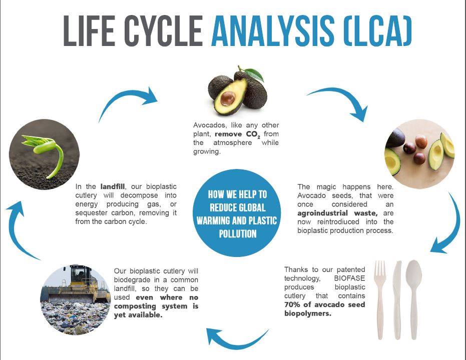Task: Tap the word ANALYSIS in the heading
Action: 273,30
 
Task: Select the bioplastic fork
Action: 380,300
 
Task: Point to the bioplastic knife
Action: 397,300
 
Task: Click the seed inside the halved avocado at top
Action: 228,98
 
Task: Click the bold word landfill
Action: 113,186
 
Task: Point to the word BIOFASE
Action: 349,278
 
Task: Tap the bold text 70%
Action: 292,305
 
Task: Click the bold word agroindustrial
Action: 322,213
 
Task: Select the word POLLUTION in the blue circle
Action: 237,233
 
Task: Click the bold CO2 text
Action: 253,134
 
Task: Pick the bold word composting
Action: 135,306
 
